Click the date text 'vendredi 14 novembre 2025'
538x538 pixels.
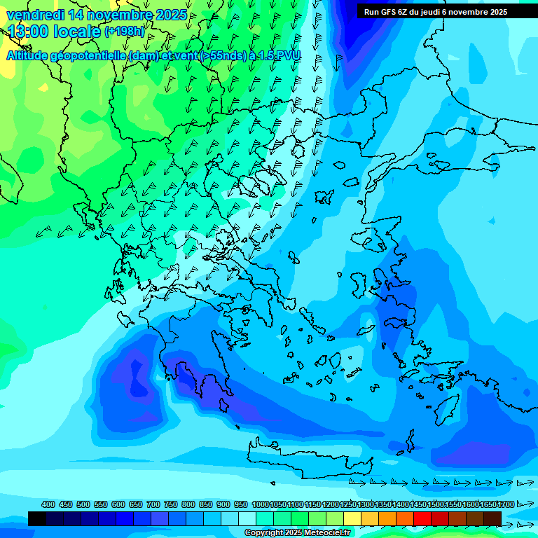tap(97, 15)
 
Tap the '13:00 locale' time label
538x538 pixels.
tap(55, 32)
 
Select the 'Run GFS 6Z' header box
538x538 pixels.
tap(436, 11)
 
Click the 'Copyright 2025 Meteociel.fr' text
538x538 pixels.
tap(298, 533)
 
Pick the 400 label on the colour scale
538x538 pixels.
tap(48, 504)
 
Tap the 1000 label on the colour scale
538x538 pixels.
tap(260, 504)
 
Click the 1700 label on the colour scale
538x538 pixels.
tap(506, 504)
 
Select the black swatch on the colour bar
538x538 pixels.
tap(37, 518)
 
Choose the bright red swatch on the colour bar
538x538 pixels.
tap(422, 518)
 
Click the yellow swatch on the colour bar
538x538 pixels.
tap(352, 518)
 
